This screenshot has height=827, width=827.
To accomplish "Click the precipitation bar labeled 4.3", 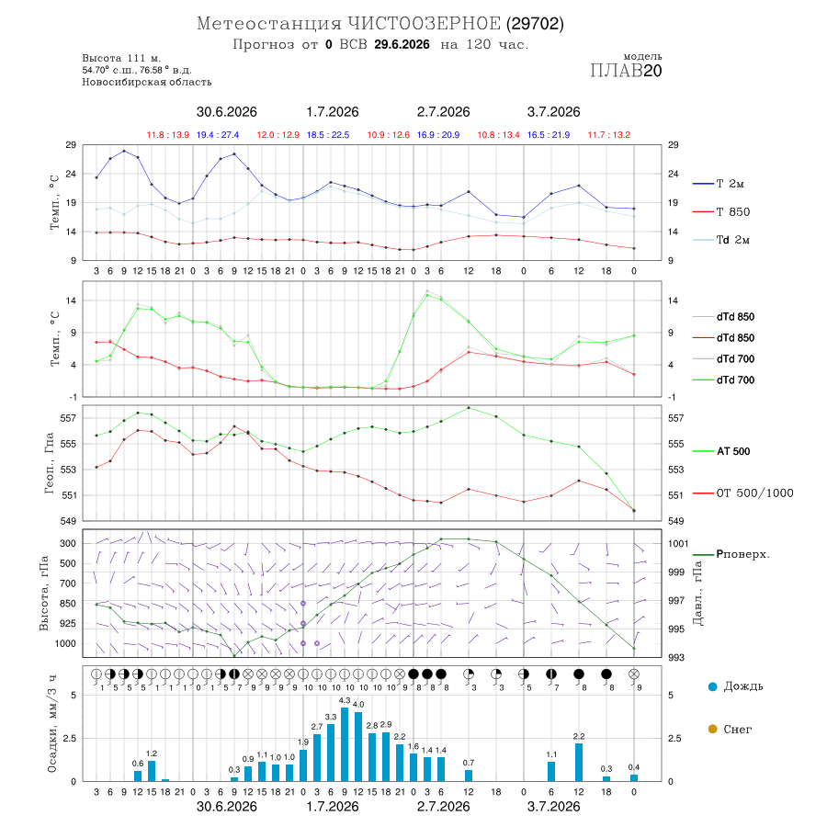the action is pos(345,744).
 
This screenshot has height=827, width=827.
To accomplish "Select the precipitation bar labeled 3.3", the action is pos(331,753).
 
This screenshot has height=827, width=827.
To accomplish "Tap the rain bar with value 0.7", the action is pos(469,776).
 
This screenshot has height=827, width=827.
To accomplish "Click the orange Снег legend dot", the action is pos(712,729).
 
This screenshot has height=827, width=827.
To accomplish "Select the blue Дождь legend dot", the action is pos(712,686).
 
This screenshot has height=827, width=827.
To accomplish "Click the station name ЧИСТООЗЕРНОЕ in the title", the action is pos(424,24).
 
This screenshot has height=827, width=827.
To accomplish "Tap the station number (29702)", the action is pos(535,24).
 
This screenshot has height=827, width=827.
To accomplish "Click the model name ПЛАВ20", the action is pos(626,71).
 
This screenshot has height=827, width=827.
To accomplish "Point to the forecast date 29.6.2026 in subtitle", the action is pos(402,44).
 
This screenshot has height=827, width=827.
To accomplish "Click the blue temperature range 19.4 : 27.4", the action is pos(218,135).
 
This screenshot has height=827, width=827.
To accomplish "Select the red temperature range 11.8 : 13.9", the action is pos(168,135).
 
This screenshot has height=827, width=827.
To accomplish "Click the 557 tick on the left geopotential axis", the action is pos(69,418).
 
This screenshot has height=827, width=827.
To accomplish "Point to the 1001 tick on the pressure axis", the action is pos(678,544).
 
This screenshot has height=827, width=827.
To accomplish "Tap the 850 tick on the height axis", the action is pos(68,604).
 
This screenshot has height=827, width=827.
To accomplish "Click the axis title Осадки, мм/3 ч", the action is pos(52,724).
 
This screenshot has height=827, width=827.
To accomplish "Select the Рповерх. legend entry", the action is pos(731,554).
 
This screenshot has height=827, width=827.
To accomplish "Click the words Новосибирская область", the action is pos(147,83).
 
